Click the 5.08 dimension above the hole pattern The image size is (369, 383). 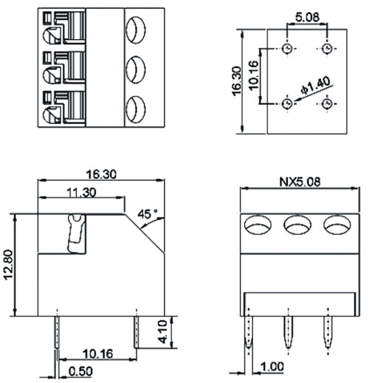click(307, 18)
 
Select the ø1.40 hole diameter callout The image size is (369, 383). click(315, 86)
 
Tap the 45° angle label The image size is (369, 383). click(148, 214)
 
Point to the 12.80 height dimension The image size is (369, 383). click(8, 264)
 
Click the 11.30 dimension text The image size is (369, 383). click(81, 193)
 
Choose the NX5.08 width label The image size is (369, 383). click(300, 182)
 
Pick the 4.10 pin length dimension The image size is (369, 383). click(163, 331)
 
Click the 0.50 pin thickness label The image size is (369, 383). click(80, 371)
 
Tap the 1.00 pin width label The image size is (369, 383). click(272, 367)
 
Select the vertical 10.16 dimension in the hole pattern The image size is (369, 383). click(254, 75)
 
